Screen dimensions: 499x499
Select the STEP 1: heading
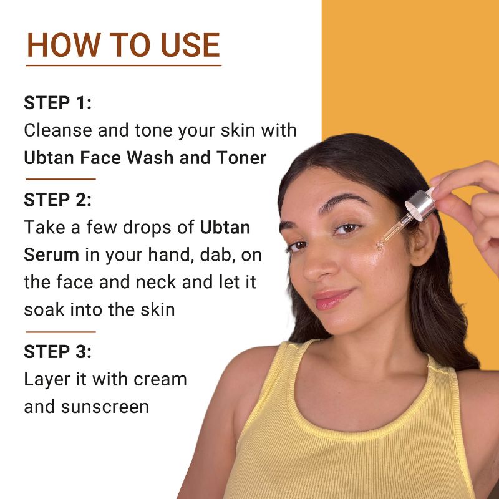[x=57, y=103]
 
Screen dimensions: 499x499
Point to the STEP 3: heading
[x=57, y=351]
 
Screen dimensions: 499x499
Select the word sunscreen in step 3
[x=105, y=407]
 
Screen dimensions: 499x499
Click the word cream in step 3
[x=159, y=379]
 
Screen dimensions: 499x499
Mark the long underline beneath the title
[x=124, y=65]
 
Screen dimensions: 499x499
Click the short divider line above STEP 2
[x=61, y=179]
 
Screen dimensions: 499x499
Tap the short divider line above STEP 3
[x=61, y=332]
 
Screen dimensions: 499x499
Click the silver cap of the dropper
[x=419, y=204]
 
